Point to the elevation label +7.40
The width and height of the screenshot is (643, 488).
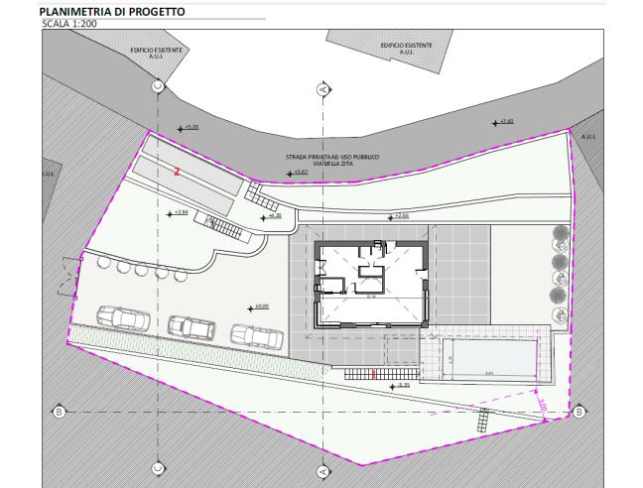pyautogui.click(x=506, y=122)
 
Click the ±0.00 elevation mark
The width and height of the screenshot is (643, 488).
pyautogui.click(x=261, y=306)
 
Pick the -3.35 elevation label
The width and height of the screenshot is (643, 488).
pyautogui.click(x=402, y=385)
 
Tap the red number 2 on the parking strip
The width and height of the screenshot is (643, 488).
pyautogui.click(x=177, y=171)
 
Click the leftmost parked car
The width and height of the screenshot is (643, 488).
pyautogui.click(x=124, y=318)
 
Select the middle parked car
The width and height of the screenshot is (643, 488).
pyautogui.click(x=192, y=326)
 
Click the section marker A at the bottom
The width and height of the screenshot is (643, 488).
pyautogui.click(x=322, y=471)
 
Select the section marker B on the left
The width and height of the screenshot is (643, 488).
pyautogui.click(x=59, y=411)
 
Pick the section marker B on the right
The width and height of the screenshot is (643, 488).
pyautogui.click(x=579, y=411)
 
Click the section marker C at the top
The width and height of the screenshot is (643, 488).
pyautogui.click(x=158, y=86)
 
